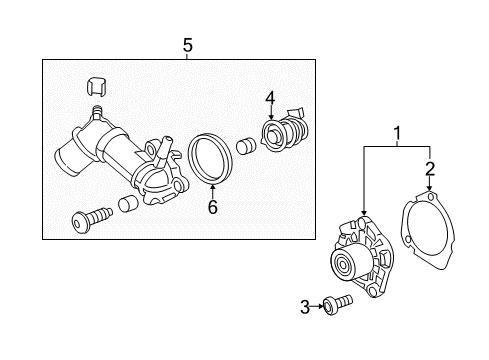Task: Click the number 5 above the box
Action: pos(187,44)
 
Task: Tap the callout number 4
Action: pos(269,98)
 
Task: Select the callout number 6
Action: pos(211,207)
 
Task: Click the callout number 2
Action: pos(429,167)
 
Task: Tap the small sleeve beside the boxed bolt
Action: pos(127,205)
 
